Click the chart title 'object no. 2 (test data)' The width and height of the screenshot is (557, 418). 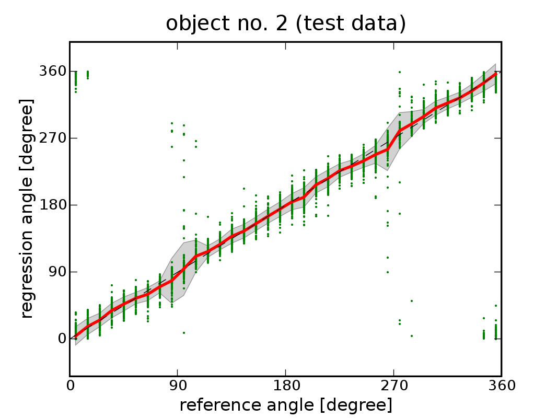[286, 24]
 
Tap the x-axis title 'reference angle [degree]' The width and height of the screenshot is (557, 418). [286, 405]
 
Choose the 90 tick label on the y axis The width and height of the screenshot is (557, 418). [56, 272]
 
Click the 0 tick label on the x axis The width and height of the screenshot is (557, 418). [70, 386]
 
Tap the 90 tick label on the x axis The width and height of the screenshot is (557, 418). [178, 386]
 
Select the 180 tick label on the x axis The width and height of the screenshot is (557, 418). [286, 386]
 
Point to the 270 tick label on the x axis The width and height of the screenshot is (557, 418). [393, 386]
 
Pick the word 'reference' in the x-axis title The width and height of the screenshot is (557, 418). [219, 405]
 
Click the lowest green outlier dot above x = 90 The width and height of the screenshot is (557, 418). [184, 333]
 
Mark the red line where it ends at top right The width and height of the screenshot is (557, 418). [495, 74]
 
